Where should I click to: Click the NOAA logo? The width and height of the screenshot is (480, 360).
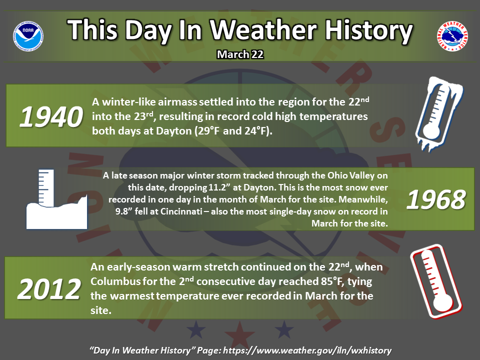click(28, 36)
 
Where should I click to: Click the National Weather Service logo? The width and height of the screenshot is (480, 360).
click(452, 36)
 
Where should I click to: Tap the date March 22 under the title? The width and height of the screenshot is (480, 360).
click(240, 54)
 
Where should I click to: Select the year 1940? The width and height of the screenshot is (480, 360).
click(51, 117)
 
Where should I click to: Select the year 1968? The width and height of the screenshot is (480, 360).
click(436, 199)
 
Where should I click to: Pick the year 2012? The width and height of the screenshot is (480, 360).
click(49, 289)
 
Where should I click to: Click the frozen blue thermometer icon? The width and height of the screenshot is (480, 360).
click(438, 114)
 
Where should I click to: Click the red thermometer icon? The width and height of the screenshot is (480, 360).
click(436, 281)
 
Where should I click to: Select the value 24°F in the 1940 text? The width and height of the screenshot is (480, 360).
click(257, 131)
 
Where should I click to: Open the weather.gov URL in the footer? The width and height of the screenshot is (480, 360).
click(307, 350)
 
